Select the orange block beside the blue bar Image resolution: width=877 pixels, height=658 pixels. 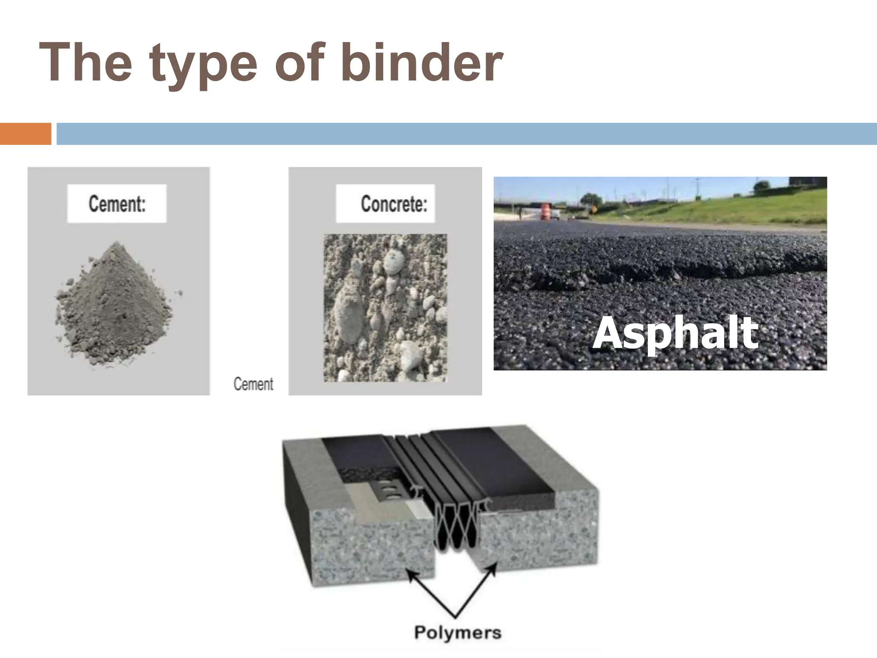pos(25,134)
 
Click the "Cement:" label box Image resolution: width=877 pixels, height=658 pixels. pos(117,203)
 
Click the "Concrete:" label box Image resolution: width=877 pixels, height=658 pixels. pos(385,203)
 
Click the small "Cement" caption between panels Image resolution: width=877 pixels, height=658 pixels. pos(253,384)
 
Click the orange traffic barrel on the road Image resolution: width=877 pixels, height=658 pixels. pos(545,211)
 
